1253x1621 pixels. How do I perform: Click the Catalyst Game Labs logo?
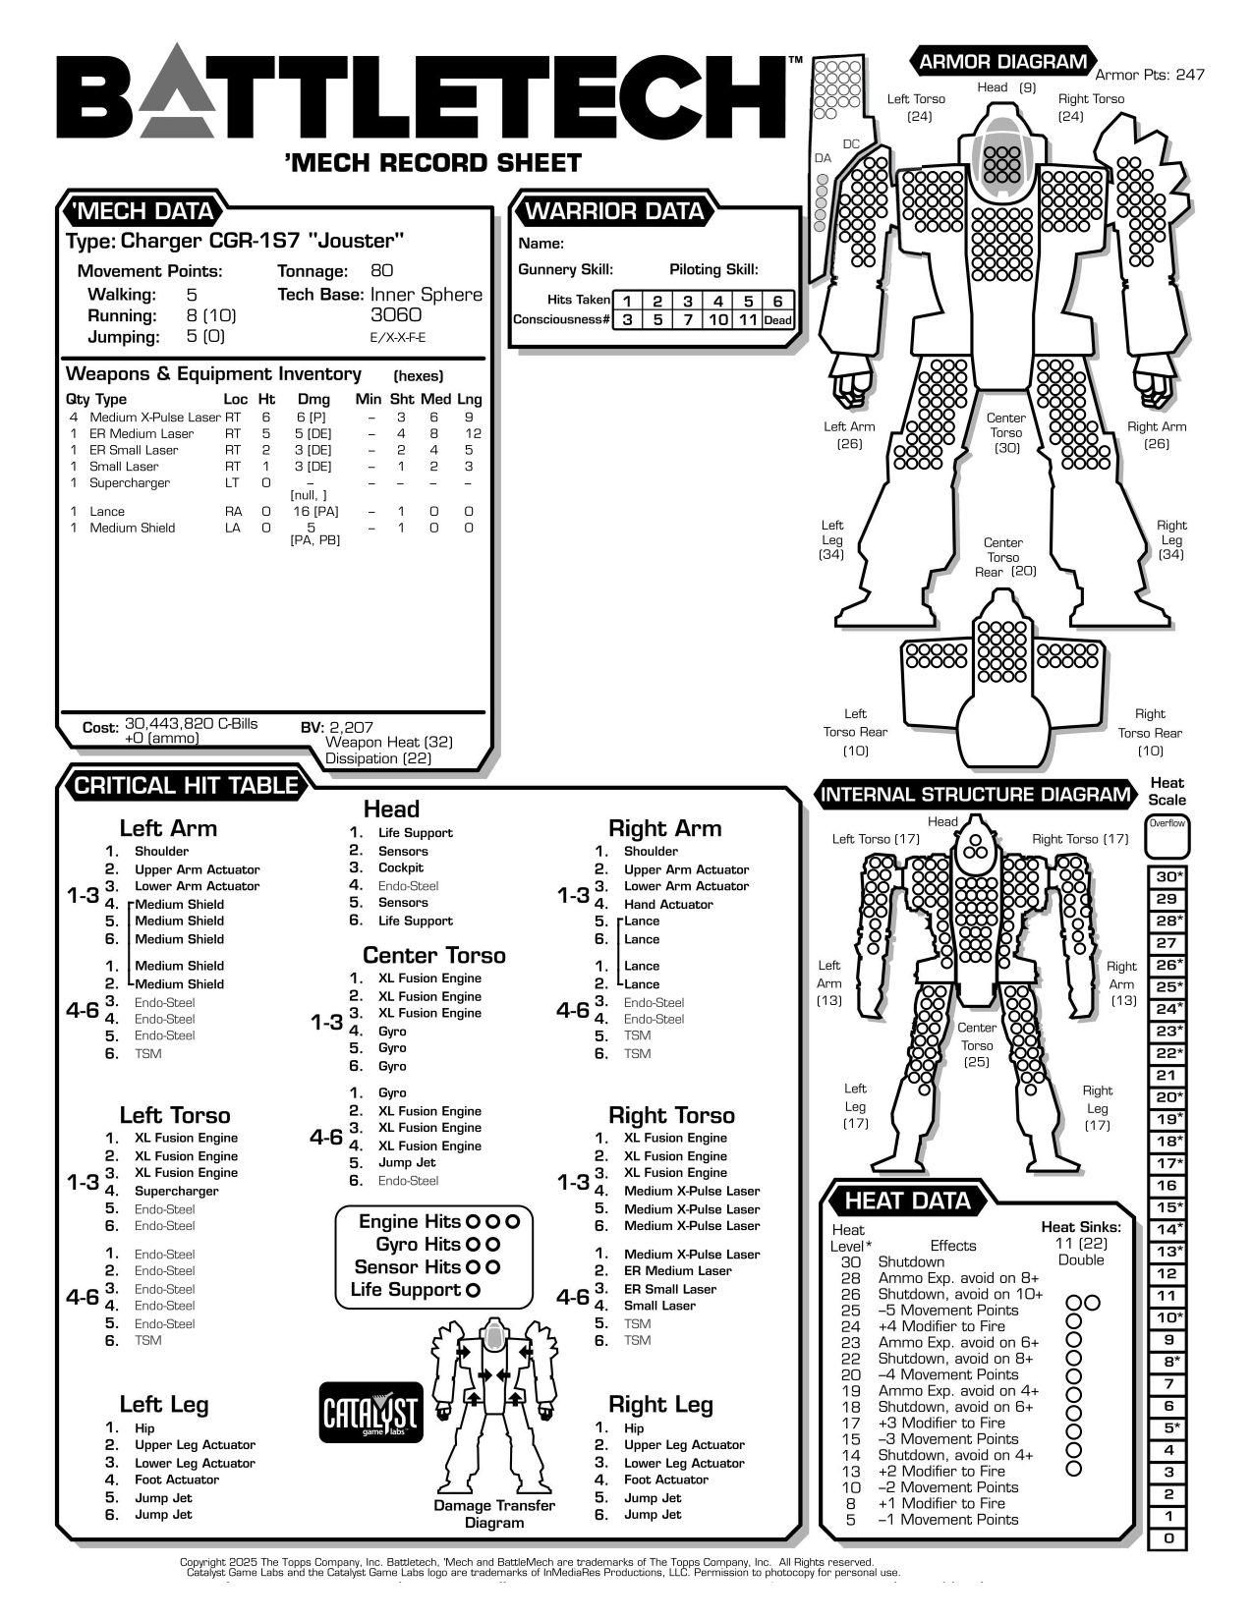tap(371, 1413)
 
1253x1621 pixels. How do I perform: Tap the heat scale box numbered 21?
tap(1167, 1075)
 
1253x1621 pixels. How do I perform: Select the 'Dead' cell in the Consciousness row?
tap(777, 319)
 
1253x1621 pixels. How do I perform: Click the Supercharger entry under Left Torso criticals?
tap(176, 1191)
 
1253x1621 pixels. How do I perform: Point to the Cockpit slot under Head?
tap(400, 867)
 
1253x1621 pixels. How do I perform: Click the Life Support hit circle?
tap(473, 1290)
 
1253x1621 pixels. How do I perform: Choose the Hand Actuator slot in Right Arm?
tap(667, 904)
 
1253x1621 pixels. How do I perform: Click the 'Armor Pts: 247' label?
tap(1149, 75)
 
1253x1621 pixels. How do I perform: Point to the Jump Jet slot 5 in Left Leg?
tap(163, 1497)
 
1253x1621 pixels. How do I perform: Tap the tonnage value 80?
tap(382, 270)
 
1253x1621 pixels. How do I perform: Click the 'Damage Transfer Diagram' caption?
tap(494, 1514)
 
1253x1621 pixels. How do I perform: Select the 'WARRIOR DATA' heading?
tap(614, 211)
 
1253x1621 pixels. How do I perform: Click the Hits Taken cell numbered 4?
tap(717, 302)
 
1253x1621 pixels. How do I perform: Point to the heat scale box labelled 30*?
tap(1168, 876)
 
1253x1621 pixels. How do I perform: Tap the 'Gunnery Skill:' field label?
tap(565, 269)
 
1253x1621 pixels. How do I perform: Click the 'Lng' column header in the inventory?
tap(469, 399)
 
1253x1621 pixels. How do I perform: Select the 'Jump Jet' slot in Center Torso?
tap(407, 1162)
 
